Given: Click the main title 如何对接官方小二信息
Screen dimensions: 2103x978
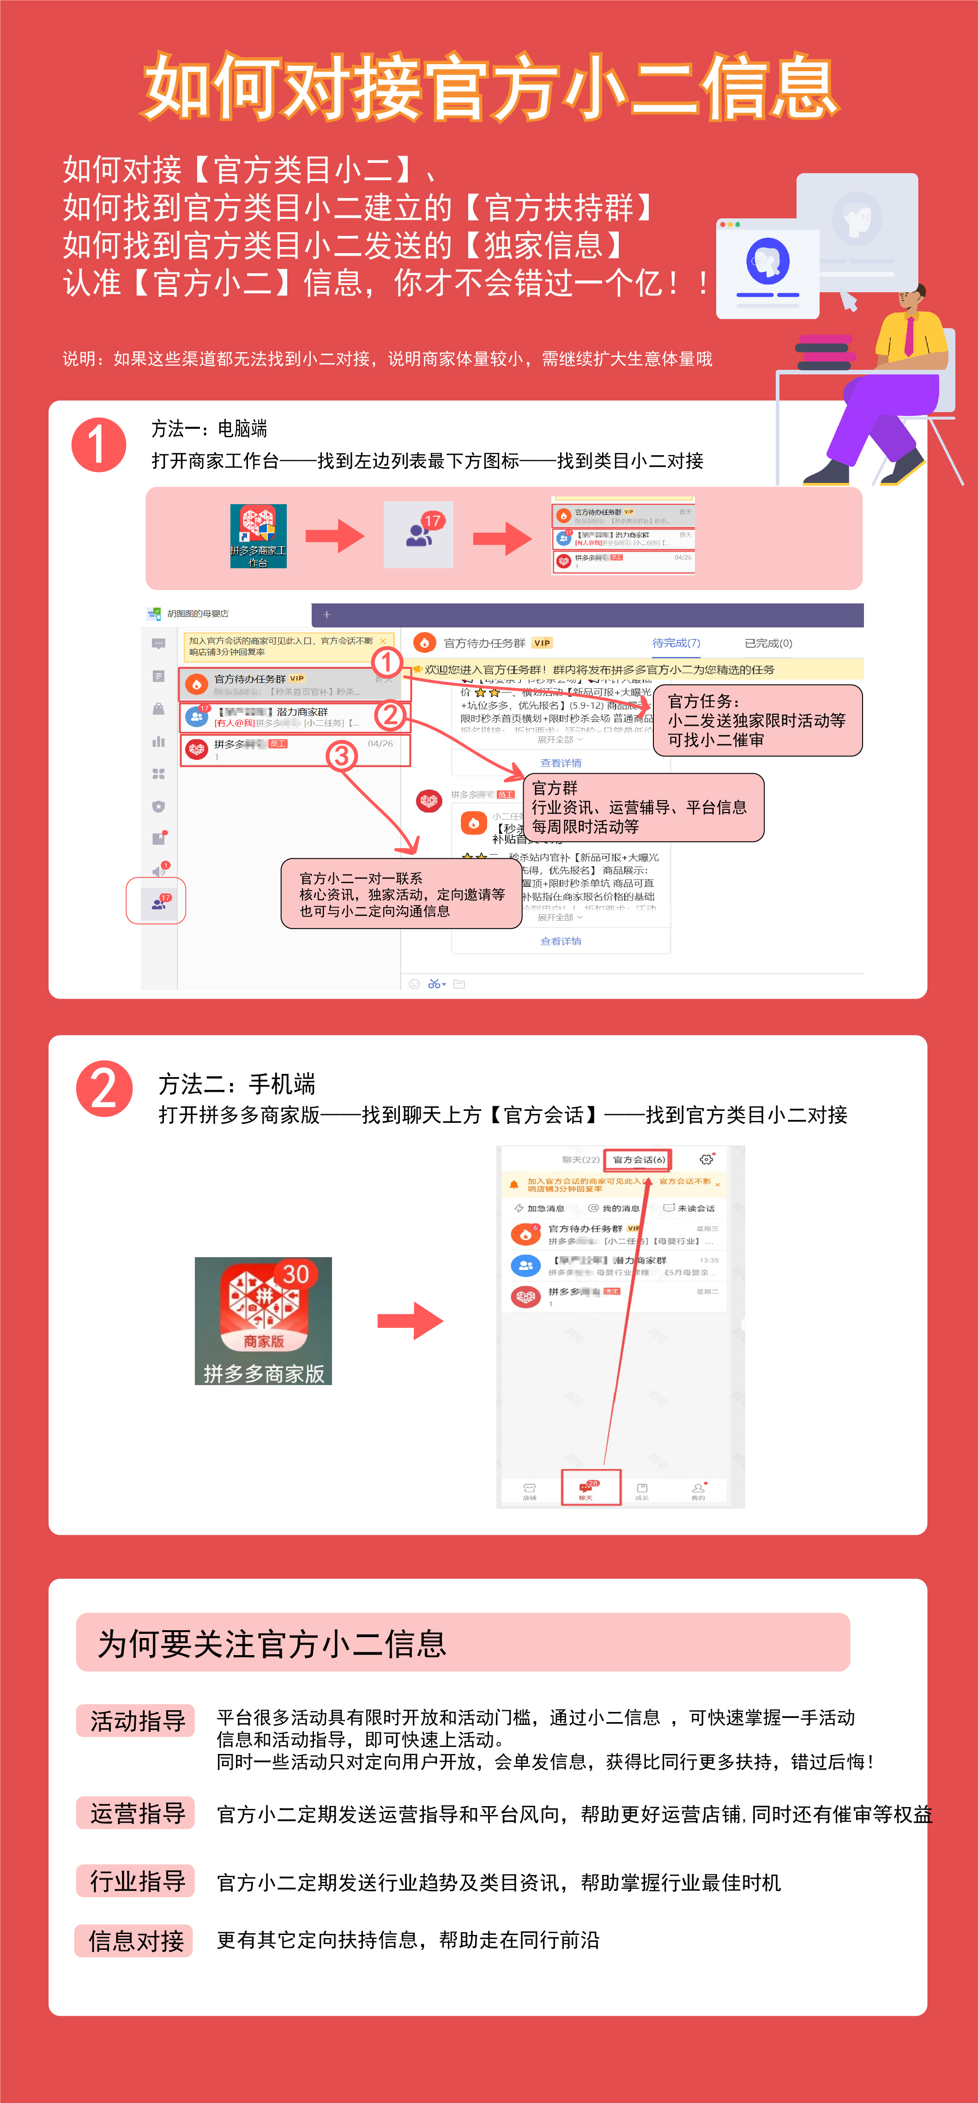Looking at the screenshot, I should coord(490,86).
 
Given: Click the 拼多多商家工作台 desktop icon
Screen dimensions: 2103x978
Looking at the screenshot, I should coord(258,535).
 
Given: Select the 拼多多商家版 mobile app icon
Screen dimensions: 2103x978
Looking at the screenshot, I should coord(263,1320).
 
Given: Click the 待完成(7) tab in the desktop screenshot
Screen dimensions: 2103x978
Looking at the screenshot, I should coord(676,643).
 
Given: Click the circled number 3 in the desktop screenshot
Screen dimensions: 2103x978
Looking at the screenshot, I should coord(341,756).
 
